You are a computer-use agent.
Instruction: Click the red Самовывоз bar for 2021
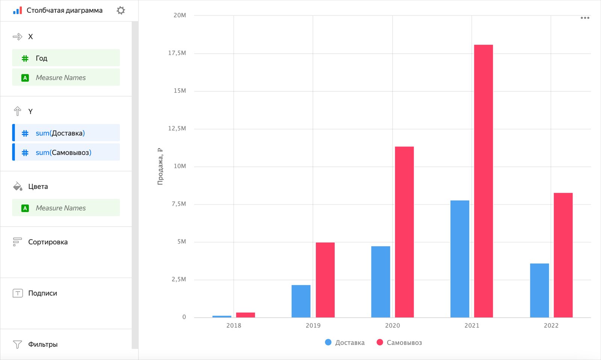(x=483, y=180)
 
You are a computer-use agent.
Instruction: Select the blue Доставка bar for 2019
(x=301, y=301)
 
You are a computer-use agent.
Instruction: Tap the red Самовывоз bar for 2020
(x=404, y=231)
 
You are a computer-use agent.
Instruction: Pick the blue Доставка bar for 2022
(x=539, y=290)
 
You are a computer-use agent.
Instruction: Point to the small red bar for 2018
(x=245, y=315)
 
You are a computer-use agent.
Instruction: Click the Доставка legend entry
(x=344, y=342)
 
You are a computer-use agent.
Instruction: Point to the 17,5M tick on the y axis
(x=177, y=53)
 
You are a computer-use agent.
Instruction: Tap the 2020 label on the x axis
(x=392, y=325)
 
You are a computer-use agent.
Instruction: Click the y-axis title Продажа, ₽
(x=160, y=166)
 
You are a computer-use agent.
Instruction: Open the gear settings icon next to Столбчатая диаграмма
(x=121, y=10)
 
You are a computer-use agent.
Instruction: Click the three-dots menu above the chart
(x=585, y=18)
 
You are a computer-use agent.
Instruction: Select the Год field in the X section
(x=66, y=58)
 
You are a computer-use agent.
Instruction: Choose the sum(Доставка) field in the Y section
(x=66, y=133)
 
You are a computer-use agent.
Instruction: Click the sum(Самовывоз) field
(x=66, y=153)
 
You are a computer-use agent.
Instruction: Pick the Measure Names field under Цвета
(x=66, y=208)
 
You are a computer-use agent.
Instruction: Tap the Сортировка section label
(x=48, y=242)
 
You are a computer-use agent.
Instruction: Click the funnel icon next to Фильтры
(x=17, y=344)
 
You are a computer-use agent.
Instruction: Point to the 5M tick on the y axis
(x=181, y=242)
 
